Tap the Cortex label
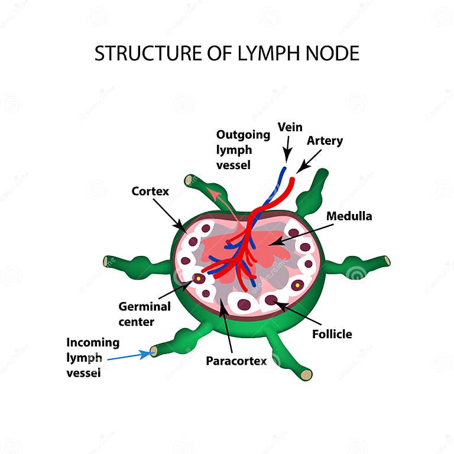pos(150,191)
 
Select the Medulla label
pos(350,216)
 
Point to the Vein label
pos(290,127)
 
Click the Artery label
pos(325,141)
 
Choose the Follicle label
pos(332,334)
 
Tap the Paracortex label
pos(236,360)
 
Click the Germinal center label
pos(144,314)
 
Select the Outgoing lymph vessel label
pos(242,150)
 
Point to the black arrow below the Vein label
pos(288,150)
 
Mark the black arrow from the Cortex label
pos(168,213)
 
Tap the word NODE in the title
pos(331,53)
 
